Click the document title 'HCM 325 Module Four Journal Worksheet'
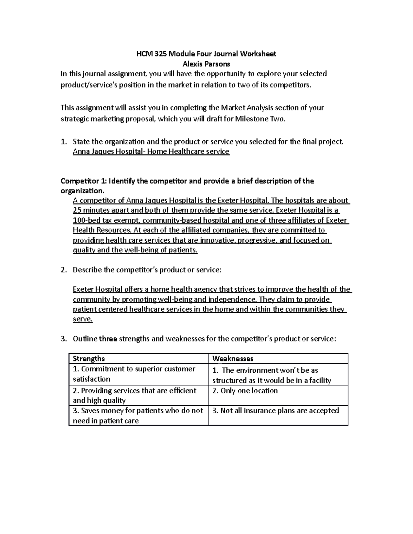(206, 54)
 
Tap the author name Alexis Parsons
(206, 64)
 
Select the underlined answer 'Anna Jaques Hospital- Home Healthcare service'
(151, 151)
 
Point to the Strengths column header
(89, 359)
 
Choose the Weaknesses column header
(233, 359)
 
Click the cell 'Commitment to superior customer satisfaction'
(134, 374)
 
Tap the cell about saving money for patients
(138, 415)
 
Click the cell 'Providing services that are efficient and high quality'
(135, 395)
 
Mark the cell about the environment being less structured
(272, 375)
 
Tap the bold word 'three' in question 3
(108, 339)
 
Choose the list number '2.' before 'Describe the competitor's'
(63, 270)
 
